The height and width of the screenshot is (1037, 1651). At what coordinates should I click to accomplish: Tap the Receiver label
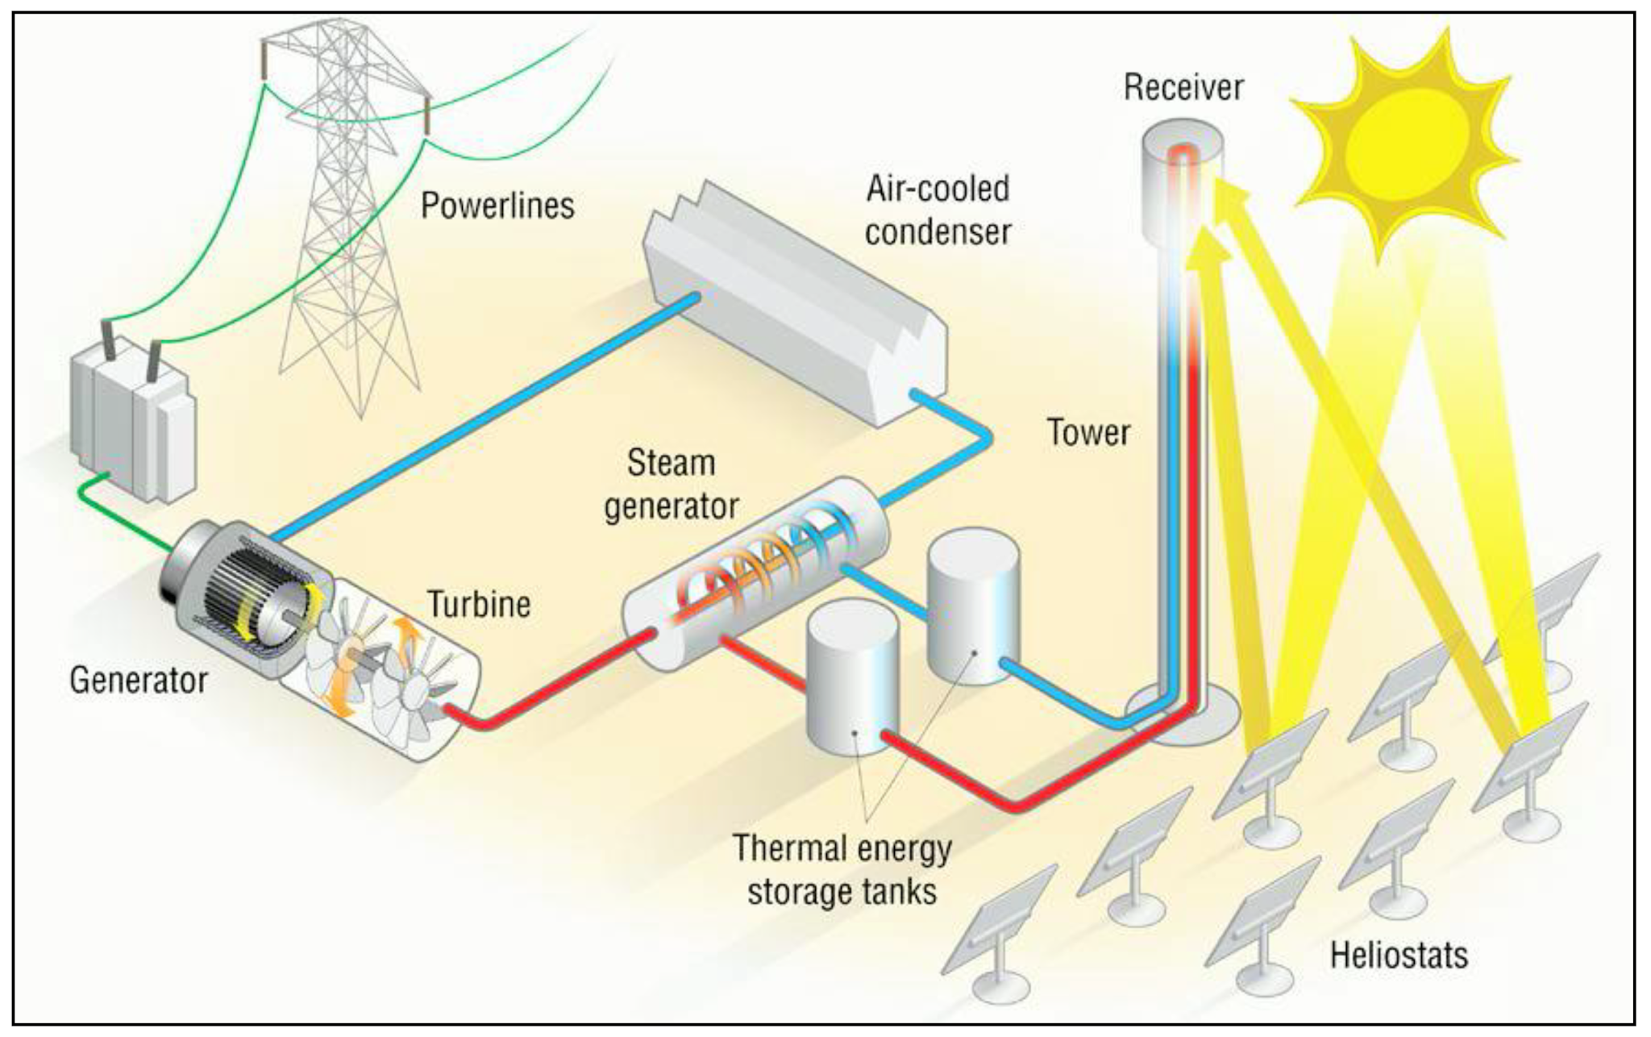coord(1183,87)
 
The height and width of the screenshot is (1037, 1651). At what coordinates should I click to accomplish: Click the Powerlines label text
coord(497,206)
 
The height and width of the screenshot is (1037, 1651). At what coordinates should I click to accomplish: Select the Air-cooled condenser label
coord(938,210)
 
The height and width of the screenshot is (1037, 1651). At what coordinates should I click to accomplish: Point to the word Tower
coord(1088,433)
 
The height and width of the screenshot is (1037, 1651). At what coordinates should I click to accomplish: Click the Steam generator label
coord(672,485)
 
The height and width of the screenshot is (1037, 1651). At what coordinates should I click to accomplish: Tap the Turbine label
coord(479,604)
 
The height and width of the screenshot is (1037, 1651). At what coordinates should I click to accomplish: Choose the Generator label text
coord(139,680)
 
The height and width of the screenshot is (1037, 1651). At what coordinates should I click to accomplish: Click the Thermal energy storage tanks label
coord(842,870)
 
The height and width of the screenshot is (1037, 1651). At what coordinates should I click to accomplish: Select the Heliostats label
coord(1399,956)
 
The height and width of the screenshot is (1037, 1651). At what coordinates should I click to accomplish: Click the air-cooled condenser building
coord(794,306)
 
